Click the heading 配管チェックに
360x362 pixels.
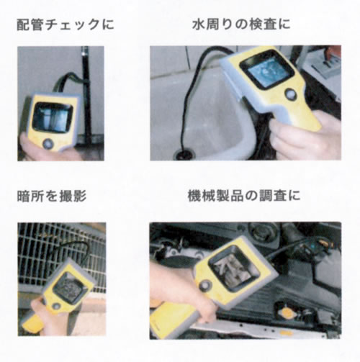click(x=66, y=25)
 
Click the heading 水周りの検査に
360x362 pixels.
click(x=241, y=24)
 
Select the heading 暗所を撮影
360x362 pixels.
click(x=52, y=196)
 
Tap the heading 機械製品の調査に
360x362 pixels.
click(x=244, y=196)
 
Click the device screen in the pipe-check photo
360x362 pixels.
click(x=53, y=118)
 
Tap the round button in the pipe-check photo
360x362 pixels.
click(x=48, y=144)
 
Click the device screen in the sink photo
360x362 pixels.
click(x=268, y=70)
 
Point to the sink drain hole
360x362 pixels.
click(x=184, y=154)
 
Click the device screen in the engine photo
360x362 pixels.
click(x=234, y=268)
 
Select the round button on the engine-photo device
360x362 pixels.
click(x=205, y=286)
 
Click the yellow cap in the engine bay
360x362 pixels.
click(x=287, y=312)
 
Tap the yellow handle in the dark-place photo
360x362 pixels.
click(x=33, y=322)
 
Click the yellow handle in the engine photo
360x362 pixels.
click(x=174, y=320)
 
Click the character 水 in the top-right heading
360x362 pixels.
click(x=198, y=24)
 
